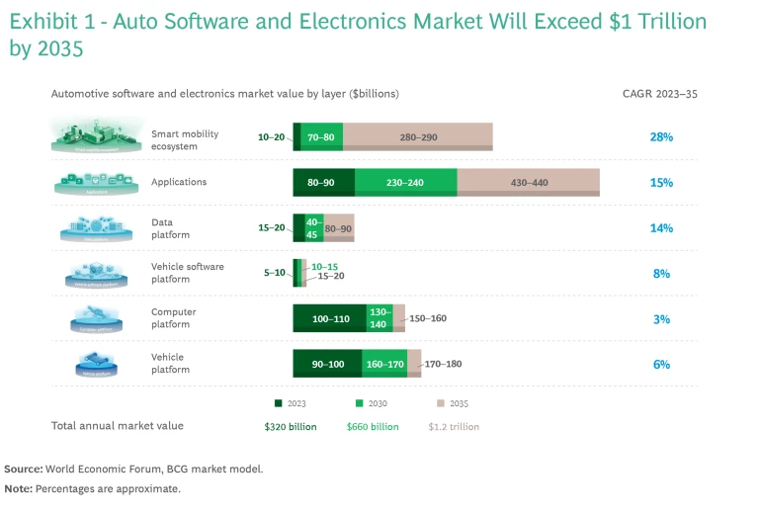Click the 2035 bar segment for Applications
528,183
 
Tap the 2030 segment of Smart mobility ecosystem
322,136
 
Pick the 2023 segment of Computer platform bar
330,318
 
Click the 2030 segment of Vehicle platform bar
383,364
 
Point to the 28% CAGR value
661,137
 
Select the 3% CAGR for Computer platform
661,319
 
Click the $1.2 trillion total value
454,426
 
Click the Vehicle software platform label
187,274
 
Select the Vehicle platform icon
97,365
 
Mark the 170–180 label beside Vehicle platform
444,365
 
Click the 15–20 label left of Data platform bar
272,228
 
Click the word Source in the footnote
24,469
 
